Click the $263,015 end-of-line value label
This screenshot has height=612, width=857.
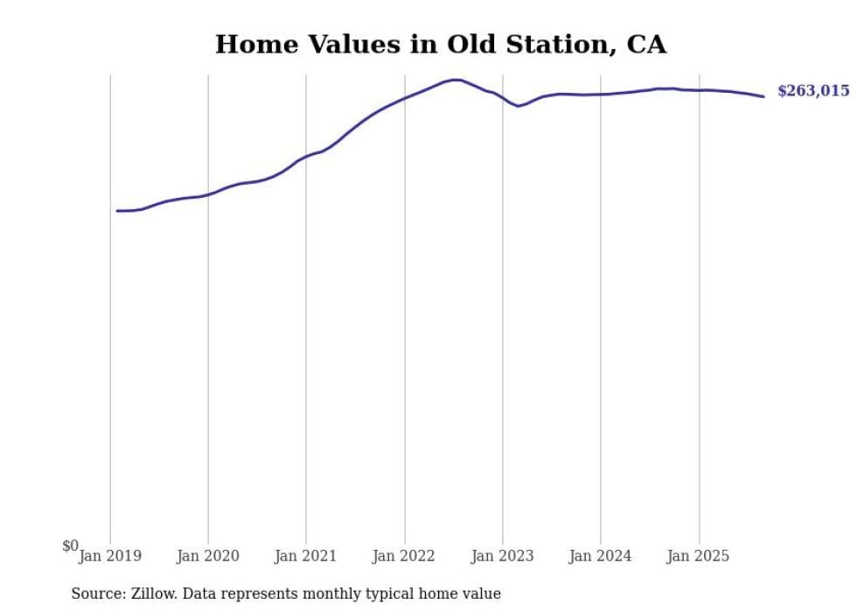click(x=812, y=91)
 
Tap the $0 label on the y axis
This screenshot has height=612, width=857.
click(x=70, y=546)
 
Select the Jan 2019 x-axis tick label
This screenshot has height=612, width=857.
click(x=110, y=556)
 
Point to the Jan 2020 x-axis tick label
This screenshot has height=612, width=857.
click(x=208, y=556)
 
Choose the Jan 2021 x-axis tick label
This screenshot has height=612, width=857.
click(x=306, y=556)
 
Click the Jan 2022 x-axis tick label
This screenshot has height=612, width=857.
click(x=404, y=556)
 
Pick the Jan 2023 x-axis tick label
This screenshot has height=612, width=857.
click(x=502, y=556)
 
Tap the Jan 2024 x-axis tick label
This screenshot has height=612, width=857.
click(x=600, y=556)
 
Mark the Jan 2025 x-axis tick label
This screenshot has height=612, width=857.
click(x=698, y=556)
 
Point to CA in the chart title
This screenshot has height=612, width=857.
click(x=646, y=45)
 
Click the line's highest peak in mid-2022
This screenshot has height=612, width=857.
click(x=456, y=80)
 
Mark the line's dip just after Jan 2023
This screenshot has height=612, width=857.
click(x=519, y=106)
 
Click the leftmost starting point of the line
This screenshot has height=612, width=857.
click(x=117, y=211)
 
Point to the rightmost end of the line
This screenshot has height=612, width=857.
click(x=763, y=96)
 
